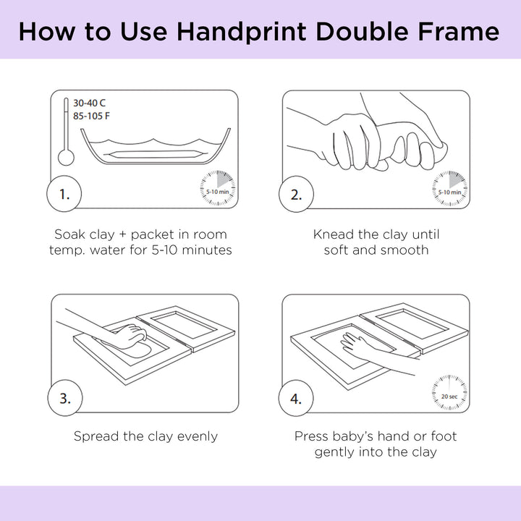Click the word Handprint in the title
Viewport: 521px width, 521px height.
click(x=241, y=33)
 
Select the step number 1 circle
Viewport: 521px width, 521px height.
click(x=64, y=194)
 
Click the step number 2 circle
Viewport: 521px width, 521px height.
click(x=296, y=194)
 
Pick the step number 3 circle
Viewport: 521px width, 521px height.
click(x=65, y=398)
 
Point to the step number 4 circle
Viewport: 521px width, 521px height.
click(x=296, y=398)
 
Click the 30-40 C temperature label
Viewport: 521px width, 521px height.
click(x=90, y=103)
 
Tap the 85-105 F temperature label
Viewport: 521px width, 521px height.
click(x=91, y=116)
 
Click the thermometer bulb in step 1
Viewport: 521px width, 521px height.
click(x=66, y=157)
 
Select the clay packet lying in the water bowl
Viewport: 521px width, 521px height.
click(x=155, y=154)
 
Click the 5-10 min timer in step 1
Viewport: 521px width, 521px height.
click(x=218, y=188)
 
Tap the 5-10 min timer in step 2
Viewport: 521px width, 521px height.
click(x=449, y=188)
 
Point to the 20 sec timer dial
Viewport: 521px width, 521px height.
click(x=449, y=392)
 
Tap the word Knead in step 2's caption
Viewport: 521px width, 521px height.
click(x=334, y=234)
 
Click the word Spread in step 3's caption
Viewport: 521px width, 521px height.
click(x=97, y=436)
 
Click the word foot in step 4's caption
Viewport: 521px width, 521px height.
click(x=444, y=436)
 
